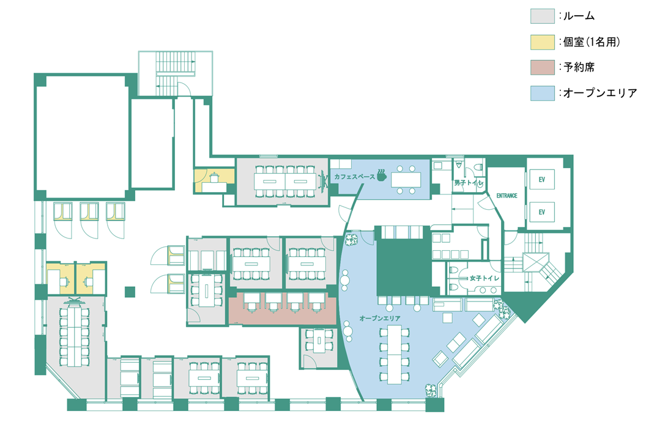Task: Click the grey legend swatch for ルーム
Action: coord(542,16)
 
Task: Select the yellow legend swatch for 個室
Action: coord(542,42)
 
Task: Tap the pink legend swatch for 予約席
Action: coord(542,67)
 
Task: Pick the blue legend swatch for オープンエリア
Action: coord(542,93)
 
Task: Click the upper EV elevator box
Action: coord(542,179)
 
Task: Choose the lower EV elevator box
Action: coord(542,212)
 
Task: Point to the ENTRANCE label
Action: coord(507,196)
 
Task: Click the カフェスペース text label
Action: coord(354,176)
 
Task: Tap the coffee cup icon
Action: coord(381,175)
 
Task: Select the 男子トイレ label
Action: coord(469,183)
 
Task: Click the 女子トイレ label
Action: coord(484,278)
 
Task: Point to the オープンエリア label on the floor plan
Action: coord(380,319)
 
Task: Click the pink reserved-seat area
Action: coord(283,308)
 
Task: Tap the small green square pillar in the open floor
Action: coord(130,292)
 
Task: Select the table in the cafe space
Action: coord(406,180)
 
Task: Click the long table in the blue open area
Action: coord(395,355)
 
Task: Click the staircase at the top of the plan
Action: coord(175,74)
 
